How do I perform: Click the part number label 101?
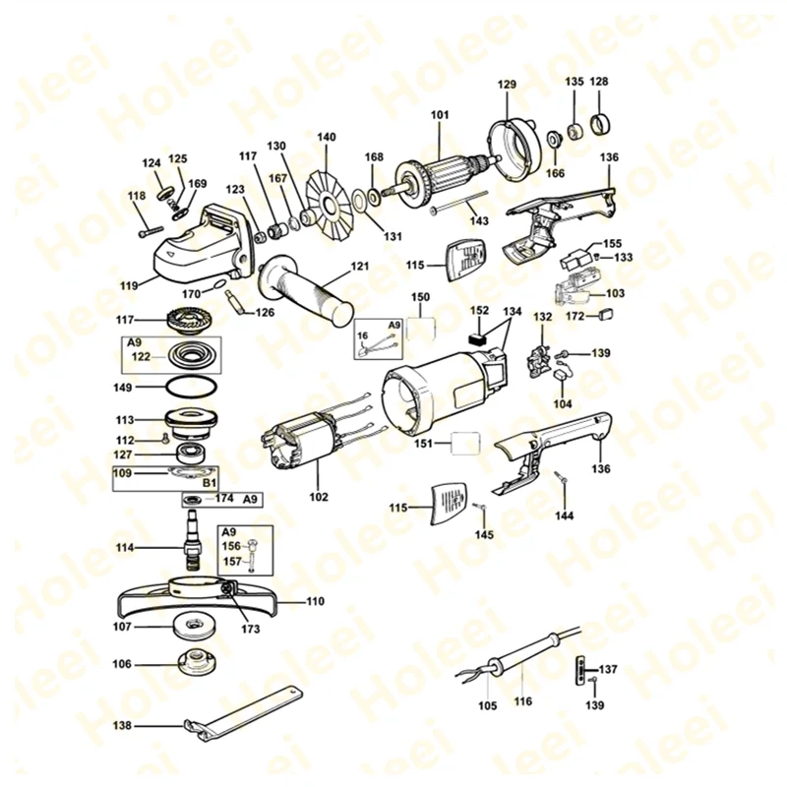[439, 114]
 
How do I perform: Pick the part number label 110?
[315, 600]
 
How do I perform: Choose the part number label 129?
[506, 86]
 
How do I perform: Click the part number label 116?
[522, 701]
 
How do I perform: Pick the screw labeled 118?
[149, 232]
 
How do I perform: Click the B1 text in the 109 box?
[209, 483]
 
